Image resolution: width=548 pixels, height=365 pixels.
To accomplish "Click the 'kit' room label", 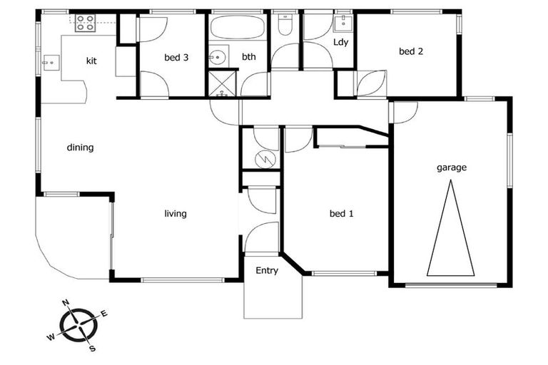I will (x=91, y=61).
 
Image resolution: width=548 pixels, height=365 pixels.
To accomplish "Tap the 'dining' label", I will (x=80, y=148).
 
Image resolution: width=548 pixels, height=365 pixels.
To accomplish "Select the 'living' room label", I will (x=176, y=214).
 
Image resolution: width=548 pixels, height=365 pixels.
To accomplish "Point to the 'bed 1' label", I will (x=341, y=214).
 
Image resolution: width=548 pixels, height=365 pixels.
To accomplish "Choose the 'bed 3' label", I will (x=176, y=58).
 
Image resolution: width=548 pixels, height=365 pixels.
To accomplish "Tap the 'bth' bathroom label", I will (x=248, y=57).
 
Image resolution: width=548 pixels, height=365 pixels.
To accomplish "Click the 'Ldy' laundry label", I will (x=340, y=43).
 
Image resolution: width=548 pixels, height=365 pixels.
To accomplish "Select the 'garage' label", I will (x=451, y=168).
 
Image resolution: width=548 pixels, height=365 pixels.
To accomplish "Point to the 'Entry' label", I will (x=267, y=271).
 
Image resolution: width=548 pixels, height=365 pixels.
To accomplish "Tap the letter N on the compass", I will (x=66, y=304).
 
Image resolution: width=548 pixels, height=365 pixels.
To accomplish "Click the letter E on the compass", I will (x=103, y=314).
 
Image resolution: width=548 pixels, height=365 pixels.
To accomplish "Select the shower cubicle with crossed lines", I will (x=223, y=83).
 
